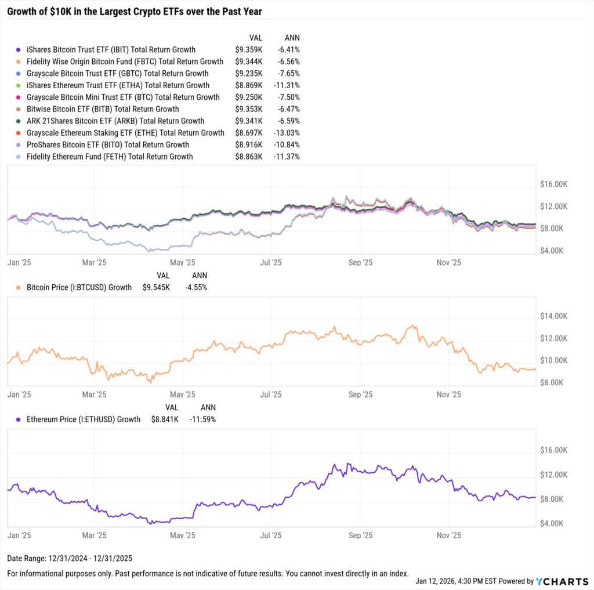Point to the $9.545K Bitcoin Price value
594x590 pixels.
pyautogui.click(x=156, y=287)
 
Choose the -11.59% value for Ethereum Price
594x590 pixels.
pyautogui.click(x=202, y=419)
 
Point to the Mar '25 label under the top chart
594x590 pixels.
pyautogui.click(x=93, y=262)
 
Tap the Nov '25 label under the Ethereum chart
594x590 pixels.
pyautogui.click(x=448, y=531)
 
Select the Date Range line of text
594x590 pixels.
pyautogui.click(x=70, y=558)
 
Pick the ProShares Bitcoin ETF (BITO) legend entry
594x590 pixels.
pyautogui.click(x=108, y=144)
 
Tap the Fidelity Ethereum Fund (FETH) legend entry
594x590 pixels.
pyautogui.click(x=110, y=157)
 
